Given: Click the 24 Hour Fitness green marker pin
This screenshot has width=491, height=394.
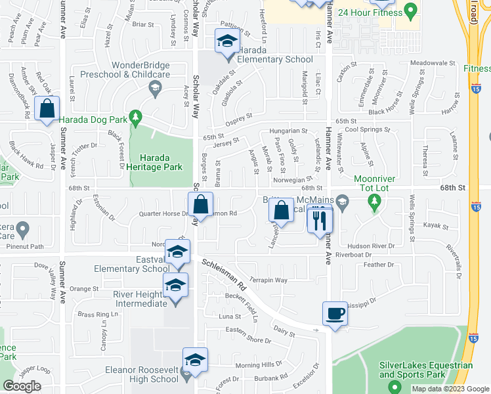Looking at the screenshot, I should pos(411,11).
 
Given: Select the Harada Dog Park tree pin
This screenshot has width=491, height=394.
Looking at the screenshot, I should pos(136,118).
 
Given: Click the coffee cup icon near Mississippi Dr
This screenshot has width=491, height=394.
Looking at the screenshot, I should pos(335,313).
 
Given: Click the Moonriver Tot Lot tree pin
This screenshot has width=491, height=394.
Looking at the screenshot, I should pos(375,201).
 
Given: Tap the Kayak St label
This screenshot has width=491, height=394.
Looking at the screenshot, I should pos(436,225).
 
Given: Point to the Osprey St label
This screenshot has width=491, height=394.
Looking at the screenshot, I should pos(239,118).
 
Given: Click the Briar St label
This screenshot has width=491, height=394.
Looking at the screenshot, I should pos(142,24).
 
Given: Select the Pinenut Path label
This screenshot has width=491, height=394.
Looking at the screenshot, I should pos(24,247).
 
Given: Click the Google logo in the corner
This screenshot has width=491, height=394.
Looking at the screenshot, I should pos(22,385).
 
